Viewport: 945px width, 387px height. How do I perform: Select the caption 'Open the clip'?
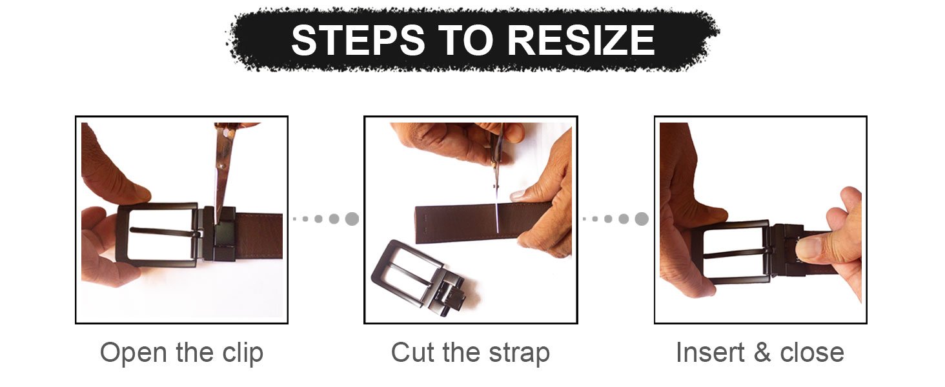(x=181, y=353)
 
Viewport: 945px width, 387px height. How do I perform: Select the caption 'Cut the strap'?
(x=471, y=353)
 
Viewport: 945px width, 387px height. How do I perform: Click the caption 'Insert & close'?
(x=760, y=353)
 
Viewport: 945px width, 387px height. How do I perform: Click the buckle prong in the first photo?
(x=165, y=232)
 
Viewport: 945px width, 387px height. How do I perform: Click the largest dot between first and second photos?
(x=352, y=219)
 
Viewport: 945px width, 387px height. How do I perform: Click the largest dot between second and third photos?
(x=641, y=219)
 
